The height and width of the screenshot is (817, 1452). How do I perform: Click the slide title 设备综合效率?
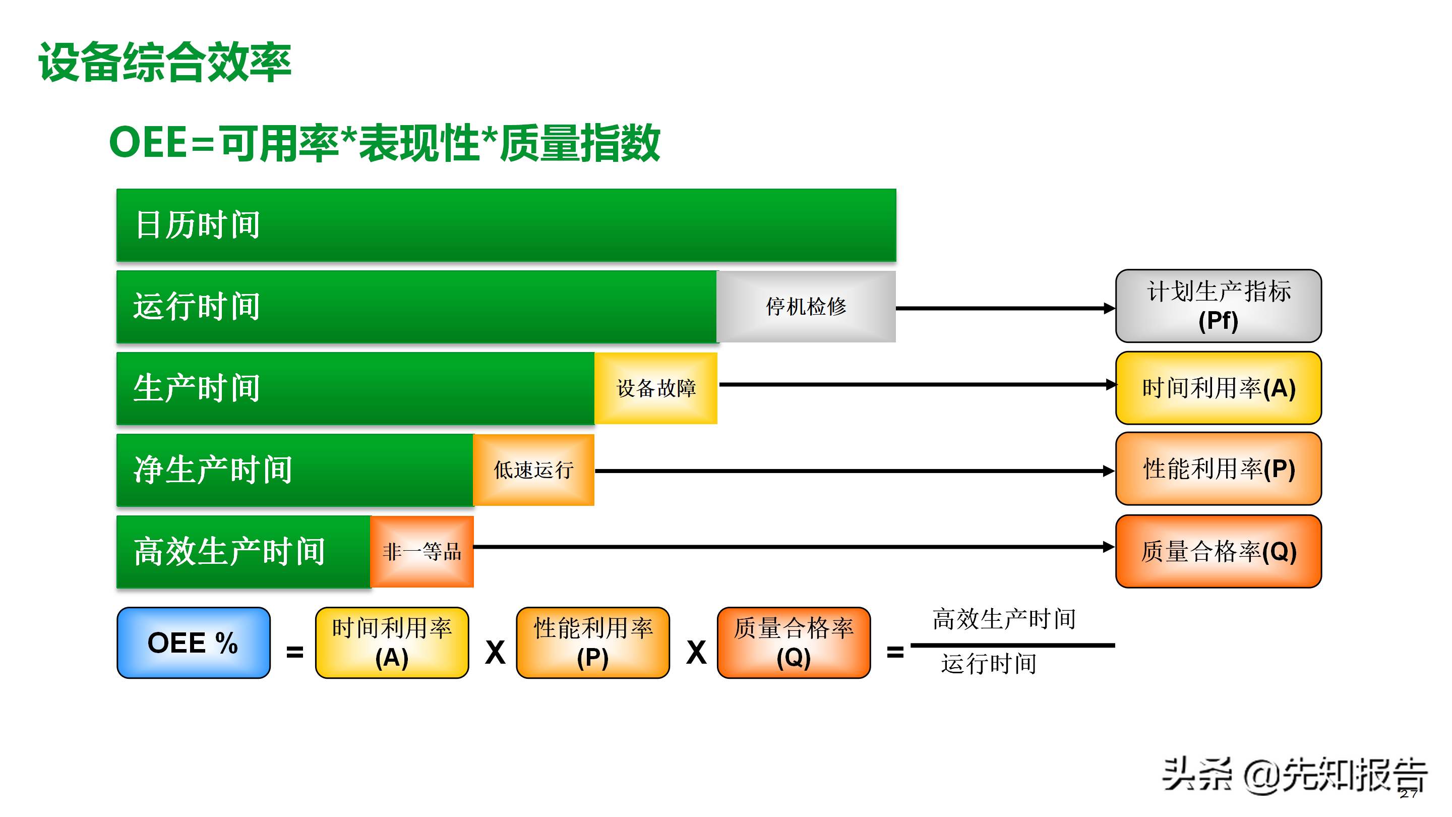[x=164, y=62]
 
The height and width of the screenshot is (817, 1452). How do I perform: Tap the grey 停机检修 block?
[x=806, y=306]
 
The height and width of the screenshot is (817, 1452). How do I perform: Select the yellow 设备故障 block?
[x=655, y=388]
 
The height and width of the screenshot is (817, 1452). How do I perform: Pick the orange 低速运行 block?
[x=533, y=470]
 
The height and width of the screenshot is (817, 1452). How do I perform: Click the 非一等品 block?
[x=421, y=551]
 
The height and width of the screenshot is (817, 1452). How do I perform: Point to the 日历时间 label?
[x=197, y=225]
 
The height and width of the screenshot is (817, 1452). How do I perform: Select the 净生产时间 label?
[x=213, y=470]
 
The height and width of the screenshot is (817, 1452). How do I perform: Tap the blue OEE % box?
[x=193, y=643]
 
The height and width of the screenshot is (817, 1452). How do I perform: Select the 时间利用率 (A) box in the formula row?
[x=392, y=643]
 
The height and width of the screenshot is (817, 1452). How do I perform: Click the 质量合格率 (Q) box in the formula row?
[x=793, y=643]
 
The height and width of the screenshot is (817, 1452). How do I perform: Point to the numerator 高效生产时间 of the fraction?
[x=1003, y=619]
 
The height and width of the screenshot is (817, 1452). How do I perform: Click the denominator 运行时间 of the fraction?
[x=988, y=664]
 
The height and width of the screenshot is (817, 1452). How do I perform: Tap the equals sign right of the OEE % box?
[x=295, y=653]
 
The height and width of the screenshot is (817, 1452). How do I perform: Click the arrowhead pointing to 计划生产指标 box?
[x=1109, y=309]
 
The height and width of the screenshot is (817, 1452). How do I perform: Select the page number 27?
[x=1408, y=794]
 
